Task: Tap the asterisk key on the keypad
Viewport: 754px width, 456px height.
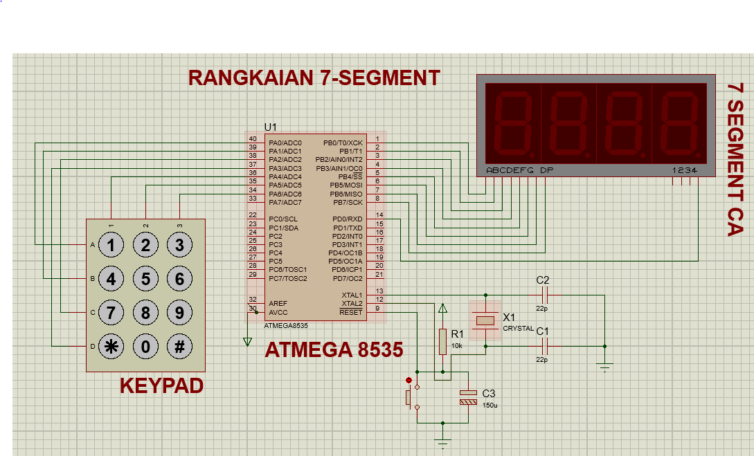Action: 111,347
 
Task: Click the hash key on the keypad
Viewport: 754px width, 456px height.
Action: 179,347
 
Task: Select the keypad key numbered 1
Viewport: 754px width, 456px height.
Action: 111,245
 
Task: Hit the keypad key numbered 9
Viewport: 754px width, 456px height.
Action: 179,313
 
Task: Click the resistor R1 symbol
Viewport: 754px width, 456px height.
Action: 443,341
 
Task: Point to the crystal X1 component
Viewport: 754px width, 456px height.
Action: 485,320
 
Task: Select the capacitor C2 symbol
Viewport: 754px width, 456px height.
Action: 542,295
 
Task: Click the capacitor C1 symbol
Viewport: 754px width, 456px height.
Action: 542,345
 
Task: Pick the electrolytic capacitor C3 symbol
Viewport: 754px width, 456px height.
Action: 469,396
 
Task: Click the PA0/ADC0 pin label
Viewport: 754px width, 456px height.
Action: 285,143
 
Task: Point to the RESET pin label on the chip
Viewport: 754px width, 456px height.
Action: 350,312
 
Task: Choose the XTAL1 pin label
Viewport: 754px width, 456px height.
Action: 352,295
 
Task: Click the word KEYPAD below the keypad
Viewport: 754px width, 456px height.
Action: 161,385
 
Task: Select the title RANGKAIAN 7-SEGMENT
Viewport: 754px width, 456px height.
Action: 314,77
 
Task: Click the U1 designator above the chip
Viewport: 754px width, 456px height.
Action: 270,127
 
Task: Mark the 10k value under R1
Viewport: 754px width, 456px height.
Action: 457,345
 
